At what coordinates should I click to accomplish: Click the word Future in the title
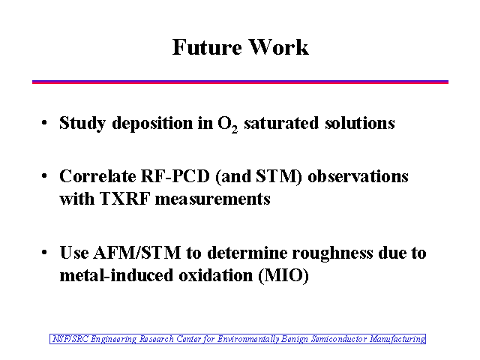tap(207, 47)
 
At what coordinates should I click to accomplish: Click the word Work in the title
tap(278, 47)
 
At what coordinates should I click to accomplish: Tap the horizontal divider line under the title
tap(240, 82)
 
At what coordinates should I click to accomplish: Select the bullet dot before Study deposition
tap(44, 123)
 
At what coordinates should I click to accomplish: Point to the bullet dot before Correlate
tap(44, 176)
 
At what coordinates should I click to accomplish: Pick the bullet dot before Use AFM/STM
tap(44, 253)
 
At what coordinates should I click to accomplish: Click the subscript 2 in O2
tap(235, 130)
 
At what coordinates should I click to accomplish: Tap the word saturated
tap(281, 123)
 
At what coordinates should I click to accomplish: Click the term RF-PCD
tap(175, 176)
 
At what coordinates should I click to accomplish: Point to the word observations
tap(358, 176)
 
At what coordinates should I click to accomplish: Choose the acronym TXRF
tap(125, 199)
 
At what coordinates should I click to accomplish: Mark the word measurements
tap(213, 199)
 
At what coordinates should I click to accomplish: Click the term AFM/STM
tap(137, 253)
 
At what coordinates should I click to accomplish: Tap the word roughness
tap(332, 253)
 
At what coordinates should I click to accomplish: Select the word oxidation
tap(216, 275)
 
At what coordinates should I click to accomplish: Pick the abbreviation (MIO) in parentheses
tap(283, 276)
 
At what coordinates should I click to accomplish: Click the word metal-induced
tap(117, 275)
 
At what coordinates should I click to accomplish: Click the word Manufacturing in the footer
tap(397, 339)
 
